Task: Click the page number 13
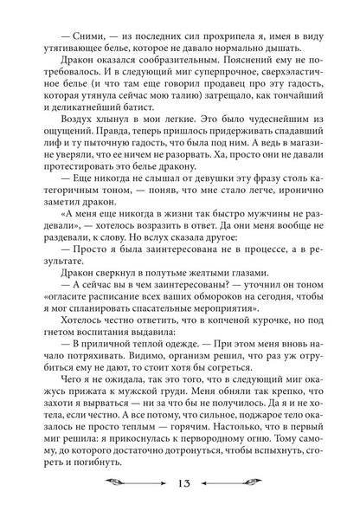(181, 482)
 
